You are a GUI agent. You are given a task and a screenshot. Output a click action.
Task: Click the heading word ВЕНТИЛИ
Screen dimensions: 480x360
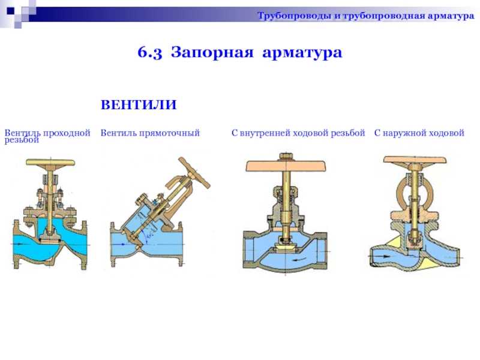[139, 104]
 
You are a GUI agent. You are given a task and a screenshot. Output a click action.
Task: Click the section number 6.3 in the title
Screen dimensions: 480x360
[149, 52]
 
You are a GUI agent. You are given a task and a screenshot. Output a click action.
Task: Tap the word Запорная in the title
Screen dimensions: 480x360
[212, 52]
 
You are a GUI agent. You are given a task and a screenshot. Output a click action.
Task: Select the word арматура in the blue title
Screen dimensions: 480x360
[302, 53]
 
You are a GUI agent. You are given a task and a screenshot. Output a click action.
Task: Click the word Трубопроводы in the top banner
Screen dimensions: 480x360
[294, 16]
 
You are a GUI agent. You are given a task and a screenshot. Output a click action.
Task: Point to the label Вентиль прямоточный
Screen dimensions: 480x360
[150, 133]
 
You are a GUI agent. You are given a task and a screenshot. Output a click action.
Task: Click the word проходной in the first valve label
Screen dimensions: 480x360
[67, 133]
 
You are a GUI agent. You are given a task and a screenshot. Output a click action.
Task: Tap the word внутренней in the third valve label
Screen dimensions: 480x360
[265, 133]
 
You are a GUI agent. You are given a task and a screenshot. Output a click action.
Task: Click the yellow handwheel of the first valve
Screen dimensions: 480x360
[50, 162]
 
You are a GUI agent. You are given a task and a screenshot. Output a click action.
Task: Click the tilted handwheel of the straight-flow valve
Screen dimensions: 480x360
[194, 172]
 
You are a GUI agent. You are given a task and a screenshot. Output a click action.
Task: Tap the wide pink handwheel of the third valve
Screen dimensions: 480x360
[286, 166]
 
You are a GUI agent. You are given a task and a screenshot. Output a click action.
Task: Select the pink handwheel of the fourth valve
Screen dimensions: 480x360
[415, 160]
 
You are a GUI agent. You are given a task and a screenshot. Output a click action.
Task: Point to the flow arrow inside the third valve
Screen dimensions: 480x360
[297, 260]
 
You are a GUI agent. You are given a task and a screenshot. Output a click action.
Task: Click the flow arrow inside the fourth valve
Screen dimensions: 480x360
[382, 254]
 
